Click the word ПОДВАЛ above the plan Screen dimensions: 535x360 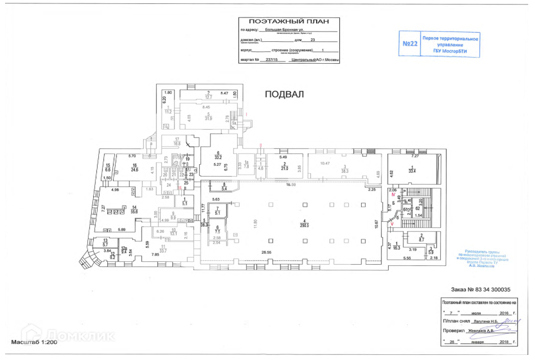284,95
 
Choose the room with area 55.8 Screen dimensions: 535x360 134,210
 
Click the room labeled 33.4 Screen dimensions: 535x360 411,172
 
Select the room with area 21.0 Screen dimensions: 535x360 286,168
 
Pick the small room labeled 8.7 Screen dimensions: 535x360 422,240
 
